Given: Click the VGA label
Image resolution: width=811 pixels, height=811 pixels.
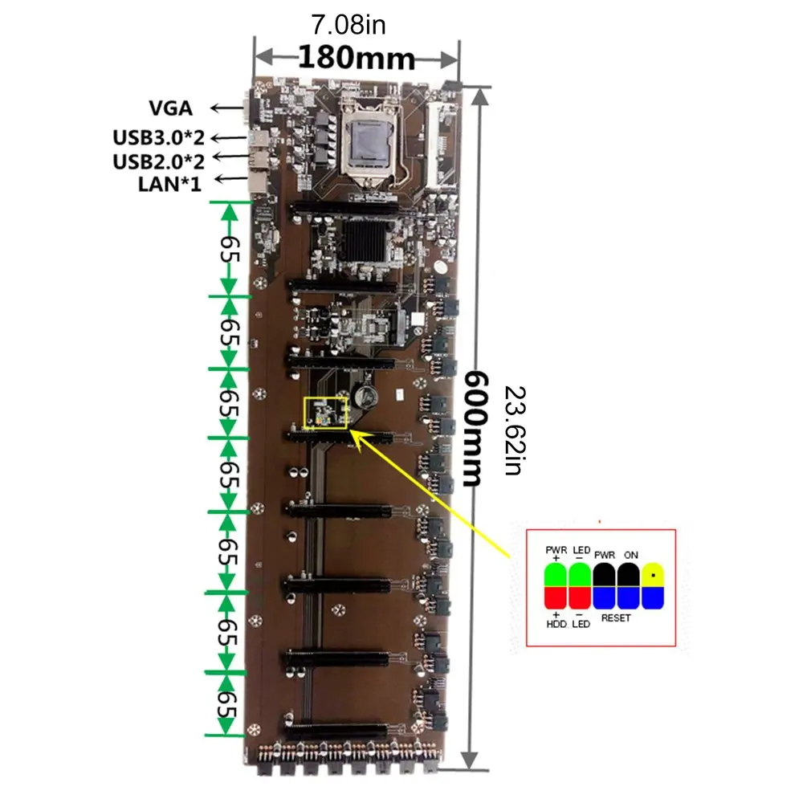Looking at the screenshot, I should tap(170, 108).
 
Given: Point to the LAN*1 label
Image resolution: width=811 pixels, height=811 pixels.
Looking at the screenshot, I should tap(169, 182).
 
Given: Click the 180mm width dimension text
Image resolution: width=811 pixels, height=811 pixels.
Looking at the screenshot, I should tap(357, 58).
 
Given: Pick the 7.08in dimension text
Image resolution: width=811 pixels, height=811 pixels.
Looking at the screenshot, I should tap(348, 26).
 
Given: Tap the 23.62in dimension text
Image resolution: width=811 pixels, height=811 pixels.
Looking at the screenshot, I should tap(513, 430).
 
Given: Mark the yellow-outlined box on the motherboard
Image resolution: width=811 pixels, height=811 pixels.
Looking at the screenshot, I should tap(324, 413).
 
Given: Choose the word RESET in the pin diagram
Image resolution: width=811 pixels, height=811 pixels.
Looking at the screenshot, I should tap(615, 618).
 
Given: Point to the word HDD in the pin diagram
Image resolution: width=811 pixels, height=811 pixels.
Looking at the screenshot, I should tap(556, 624).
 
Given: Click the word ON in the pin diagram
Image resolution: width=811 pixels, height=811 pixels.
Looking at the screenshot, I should tap(630, 554).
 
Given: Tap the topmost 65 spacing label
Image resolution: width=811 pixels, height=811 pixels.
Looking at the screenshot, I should tap(230, 249).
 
